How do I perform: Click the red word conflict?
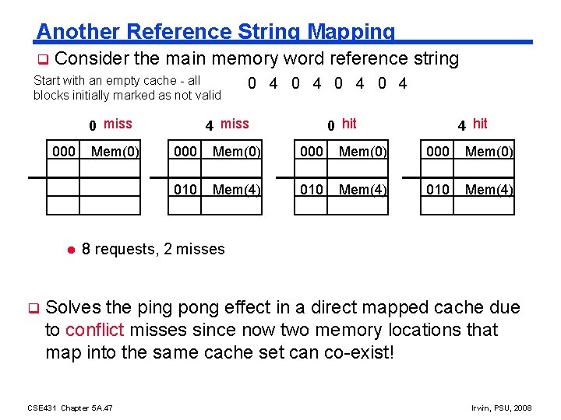coord(95,330)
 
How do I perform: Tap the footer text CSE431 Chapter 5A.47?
coord(70,408)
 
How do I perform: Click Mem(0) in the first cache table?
coord(115,152)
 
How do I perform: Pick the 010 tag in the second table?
coord(185,189)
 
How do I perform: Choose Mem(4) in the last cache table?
coord(489,189)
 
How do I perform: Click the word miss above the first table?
coord(118,124)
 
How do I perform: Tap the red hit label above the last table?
coord(480,124)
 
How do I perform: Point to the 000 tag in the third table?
coord(312,152)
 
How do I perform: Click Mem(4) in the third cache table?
coord(362,189)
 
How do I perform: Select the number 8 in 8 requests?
coord(86,249)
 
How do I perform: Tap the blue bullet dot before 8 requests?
coord(69,249)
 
